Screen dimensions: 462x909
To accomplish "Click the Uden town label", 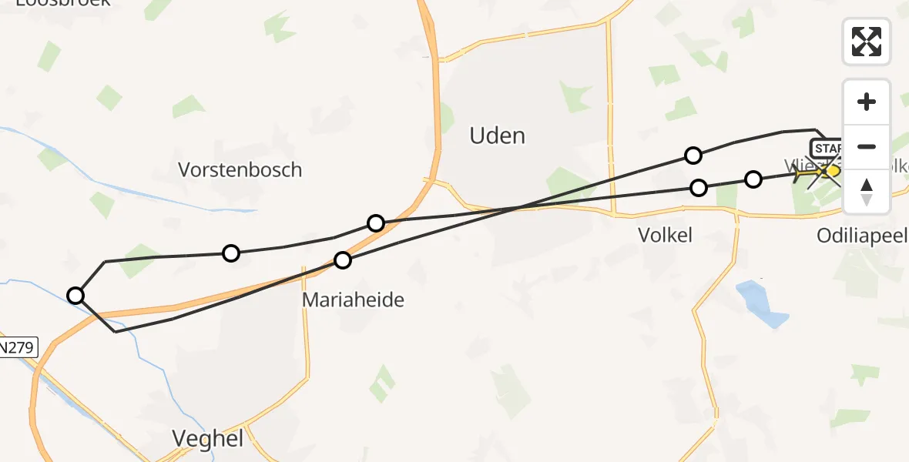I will click(x=498, y=136).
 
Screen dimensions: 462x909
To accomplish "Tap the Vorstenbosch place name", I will click(x=240, y=169).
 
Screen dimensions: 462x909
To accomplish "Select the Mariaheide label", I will click(x=353, y=300).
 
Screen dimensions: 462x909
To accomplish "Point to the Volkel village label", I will click(x=665, y=235).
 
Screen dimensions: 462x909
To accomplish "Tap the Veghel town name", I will click(x=207, y=439).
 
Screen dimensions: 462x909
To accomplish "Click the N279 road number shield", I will click(x=17, y=347).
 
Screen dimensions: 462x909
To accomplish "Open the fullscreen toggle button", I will click(x=867, y=42).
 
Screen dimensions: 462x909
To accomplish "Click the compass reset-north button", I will click(x=867, y=192).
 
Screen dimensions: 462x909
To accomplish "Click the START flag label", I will click(x=825, y=147).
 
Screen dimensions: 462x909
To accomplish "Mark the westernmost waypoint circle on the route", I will click(x=75, y=295).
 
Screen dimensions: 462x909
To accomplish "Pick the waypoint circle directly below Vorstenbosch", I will click(x=230, y=253).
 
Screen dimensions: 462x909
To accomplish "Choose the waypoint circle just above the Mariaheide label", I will click(x=343, y=260).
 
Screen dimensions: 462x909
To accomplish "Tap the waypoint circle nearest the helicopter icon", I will click(x=753, y=179).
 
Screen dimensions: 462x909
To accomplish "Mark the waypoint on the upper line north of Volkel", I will click(x=693, y=156).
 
